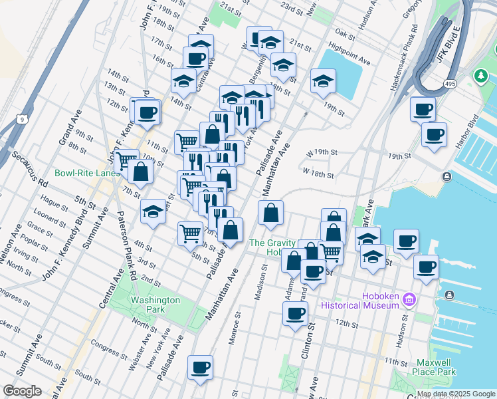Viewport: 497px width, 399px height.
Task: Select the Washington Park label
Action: (x=155, y=305)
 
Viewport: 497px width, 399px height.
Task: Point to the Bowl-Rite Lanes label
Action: (x=88, y=173)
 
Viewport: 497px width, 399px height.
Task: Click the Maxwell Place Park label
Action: (x=433, y=367)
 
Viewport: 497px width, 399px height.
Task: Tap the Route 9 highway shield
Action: (x=21, y=119)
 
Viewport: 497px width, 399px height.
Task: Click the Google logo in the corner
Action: (x=22, y=391)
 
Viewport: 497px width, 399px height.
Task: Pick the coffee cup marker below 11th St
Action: (x=200, y=368)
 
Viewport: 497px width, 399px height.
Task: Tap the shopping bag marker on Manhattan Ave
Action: (x=270, y=213)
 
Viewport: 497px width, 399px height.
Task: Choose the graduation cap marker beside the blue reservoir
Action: (x=323, y=82)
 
